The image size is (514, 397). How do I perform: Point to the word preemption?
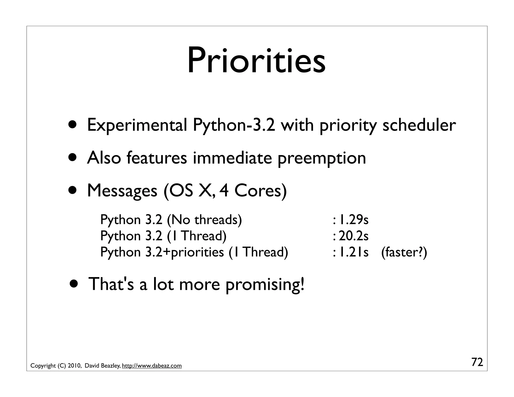pyautogui.click(x=322, y=159)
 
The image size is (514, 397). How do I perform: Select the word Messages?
pyautogui.click(x=122, y=191)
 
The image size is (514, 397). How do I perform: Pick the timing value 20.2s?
pyautogui.click(x=354, y=236)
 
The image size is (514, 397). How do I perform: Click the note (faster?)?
pyautogui.click(x=404, y=252)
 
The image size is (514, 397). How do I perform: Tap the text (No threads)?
pyautogui.click(x=204, y=220)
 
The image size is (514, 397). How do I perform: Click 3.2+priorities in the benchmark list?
pyautogui.click(x=184, y=252)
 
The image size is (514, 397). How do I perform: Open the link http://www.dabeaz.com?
pyautogui.click(x=152, y=366)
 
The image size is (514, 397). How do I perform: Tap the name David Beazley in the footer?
pyautogui.click(x=102, y=366)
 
